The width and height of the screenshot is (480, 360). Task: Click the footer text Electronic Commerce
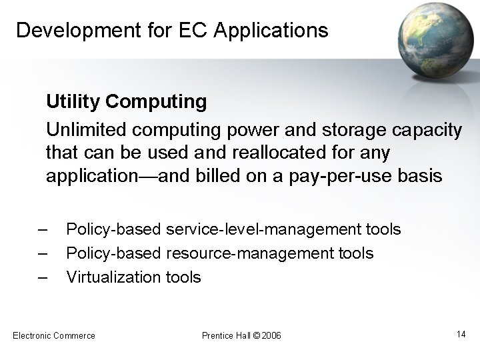coord(54,335)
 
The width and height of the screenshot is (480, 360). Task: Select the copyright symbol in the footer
coord(257,335)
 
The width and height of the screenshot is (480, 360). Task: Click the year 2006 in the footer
coord(272,335)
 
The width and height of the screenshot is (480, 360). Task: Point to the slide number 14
coord(461,333)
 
